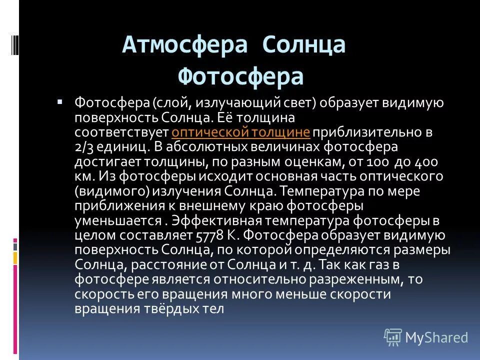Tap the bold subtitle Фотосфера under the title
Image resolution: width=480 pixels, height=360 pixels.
tap(241, 76)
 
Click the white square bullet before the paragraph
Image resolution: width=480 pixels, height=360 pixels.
tap(60, 101)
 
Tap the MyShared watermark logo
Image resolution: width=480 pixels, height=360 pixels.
tap(426, 337)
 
